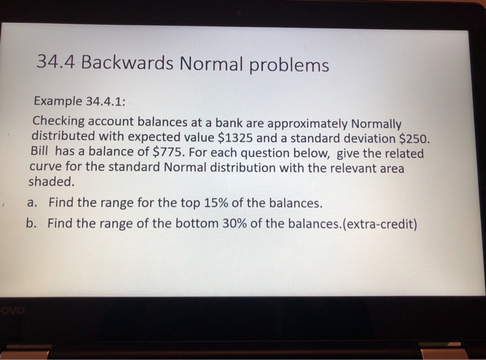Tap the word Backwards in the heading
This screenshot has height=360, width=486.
click(x=127, y=64)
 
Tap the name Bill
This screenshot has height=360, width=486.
click(x=42, y=152)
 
